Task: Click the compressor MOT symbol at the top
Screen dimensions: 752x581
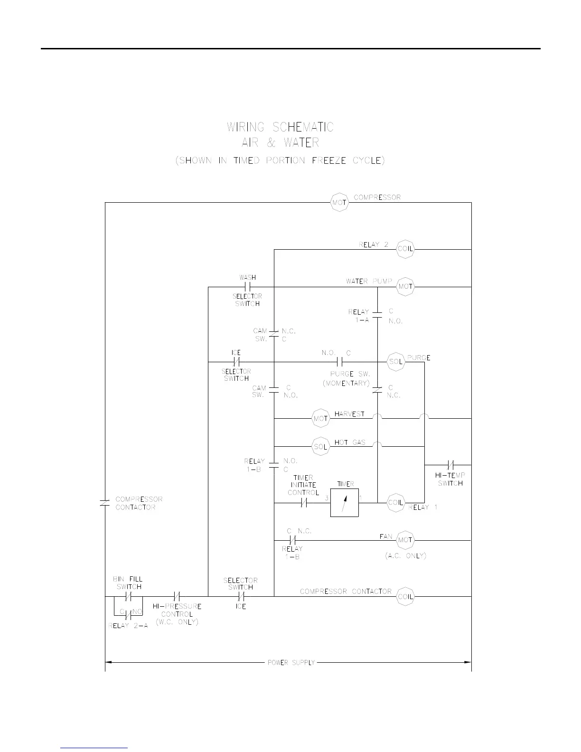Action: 339,203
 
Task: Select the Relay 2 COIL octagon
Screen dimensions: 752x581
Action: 405,249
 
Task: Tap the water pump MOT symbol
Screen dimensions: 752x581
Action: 405,287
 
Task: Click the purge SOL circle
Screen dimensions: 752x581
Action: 396,362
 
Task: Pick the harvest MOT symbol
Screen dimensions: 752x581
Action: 321,418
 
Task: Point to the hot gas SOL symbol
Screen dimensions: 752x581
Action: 321,446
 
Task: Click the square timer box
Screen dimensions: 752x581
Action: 345,502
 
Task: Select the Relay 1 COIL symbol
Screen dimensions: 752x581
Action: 396,502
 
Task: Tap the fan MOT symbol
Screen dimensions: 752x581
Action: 405,540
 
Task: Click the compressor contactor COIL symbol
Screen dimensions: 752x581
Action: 405,596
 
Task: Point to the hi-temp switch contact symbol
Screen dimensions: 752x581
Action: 451,465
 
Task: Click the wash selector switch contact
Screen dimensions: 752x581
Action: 247,287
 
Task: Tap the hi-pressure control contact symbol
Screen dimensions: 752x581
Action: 177,596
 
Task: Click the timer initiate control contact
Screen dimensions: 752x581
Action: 304,502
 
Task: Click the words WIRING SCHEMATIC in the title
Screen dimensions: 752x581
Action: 280,127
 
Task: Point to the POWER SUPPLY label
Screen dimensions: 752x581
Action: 291,662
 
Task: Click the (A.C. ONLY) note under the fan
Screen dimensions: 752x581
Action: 405,555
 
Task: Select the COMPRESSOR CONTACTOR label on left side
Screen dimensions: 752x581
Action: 139,503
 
